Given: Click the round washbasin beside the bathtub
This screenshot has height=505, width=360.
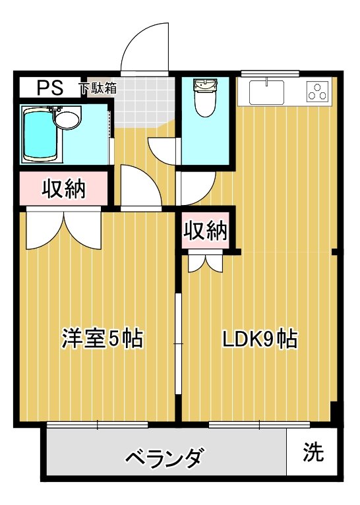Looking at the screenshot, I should [x=67, y=120].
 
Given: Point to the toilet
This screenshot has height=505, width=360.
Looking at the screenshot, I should [x=205, y=99].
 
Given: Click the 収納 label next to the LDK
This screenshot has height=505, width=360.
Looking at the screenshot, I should [x=206, y=231].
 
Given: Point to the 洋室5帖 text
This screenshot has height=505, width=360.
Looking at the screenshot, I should [x=102, y=339].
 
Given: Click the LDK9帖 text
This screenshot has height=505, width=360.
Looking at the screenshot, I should [x=258, y=339].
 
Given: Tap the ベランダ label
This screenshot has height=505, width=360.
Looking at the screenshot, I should [x=164, y=456].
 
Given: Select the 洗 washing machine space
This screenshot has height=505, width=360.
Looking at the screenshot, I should [x=313, y=452].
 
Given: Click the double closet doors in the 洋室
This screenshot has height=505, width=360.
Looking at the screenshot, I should [x=64, y=229].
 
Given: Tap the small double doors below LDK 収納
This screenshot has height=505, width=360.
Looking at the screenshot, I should [x=206, y=262].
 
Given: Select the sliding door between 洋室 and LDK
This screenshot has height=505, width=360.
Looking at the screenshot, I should [x=177, y=343].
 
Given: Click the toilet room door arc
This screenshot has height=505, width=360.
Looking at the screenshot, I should [x=196, y=187].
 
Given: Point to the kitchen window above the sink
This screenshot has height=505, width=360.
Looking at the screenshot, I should [x=270, y=73].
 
